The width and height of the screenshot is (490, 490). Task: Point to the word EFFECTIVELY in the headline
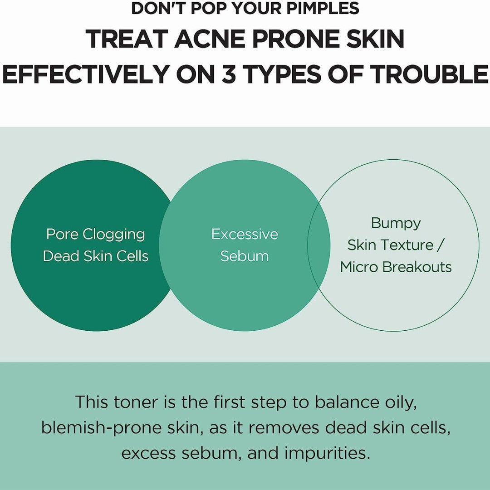pos(85,75)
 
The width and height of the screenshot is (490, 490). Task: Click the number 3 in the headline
pos(229,75)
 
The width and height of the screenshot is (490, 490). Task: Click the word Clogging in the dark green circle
pos(114,235)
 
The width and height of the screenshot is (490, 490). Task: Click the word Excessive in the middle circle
pos(245,234)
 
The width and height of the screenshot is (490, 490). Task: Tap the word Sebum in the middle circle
pos(245,256)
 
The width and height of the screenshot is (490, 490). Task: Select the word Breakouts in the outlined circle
pos(417,267)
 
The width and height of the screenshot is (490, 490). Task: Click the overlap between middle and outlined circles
pos(319,245)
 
